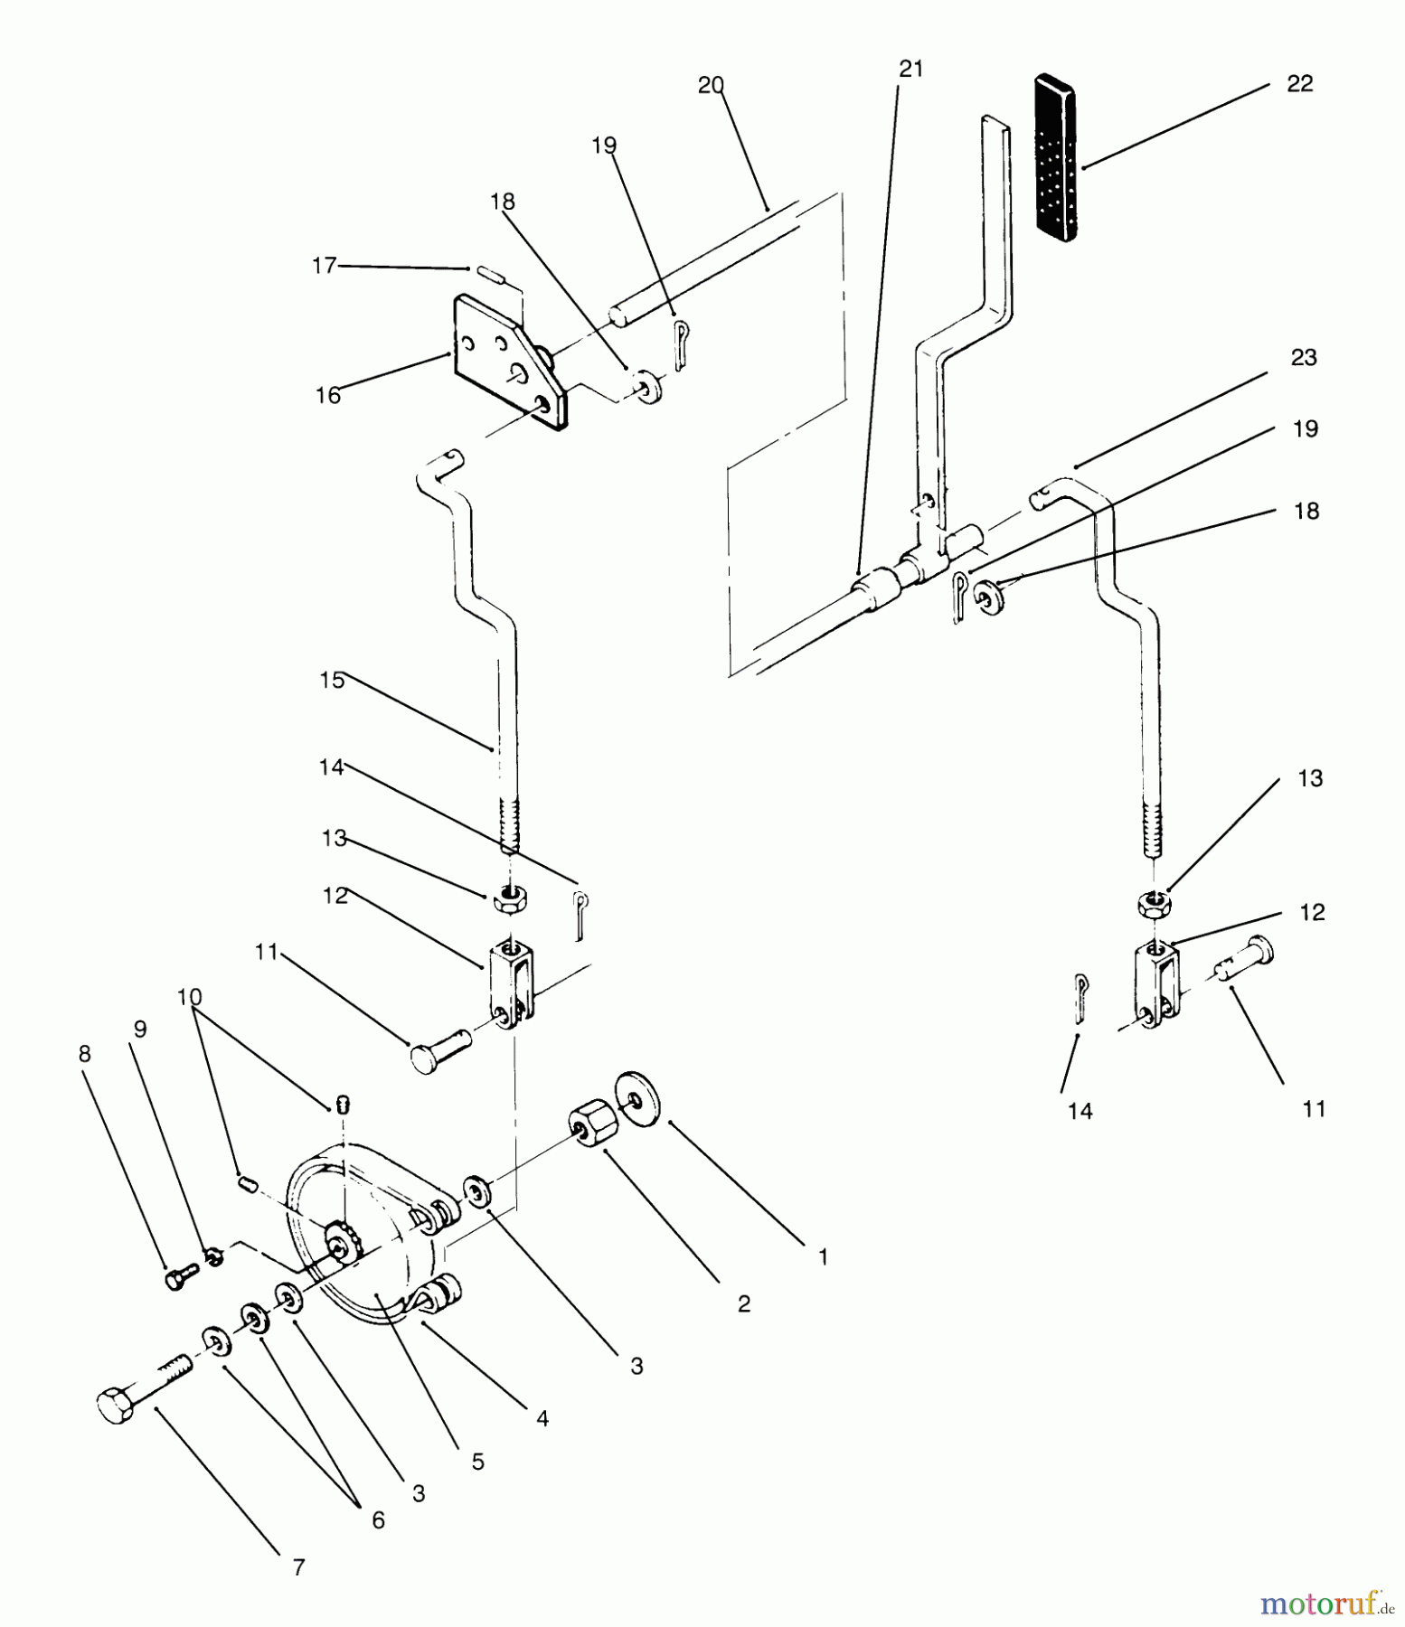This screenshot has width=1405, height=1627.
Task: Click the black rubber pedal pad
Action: pos(1055,159)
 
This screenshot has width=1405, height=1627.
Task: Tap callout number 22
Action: pos(1299,84)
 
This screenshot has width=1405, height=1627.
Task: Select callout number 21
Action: pos(911,69)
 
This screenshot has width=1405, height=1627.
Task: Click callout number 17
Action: pos(324,266)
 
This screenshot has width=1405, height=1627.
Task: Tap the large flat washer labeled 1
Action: pos(637,1099)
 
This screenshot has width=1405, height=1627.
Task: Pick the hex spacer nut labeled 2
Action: pos(593,1125)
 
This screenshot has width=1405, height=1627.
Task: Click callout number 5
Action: pos(477,1462)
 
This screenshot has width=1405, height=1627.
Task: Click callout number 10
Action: pos(189,997)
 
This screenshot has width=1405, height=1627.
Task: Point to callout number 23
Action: pos(1303,358)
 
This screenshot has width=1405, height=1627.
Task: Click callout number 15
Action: pos(332,680)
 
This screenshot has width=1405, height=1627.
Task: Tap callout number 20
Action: pos(711,86)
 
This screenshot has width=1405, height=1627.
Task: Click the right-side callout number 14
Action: pos(1080,1111)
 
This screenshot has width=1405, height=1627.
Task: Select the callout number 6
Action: pos(378,1520)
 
